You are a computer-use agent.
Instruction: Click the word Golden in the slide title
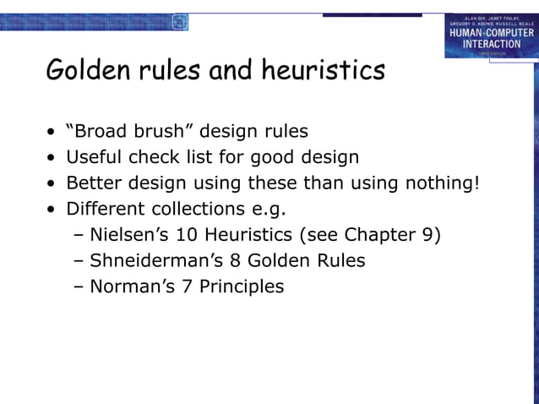[84, 70]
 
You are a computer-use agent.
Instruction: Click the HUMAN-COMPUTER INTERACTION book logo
[490, 36]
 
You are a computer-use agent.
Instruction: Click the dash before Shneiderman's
[79, 260]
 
